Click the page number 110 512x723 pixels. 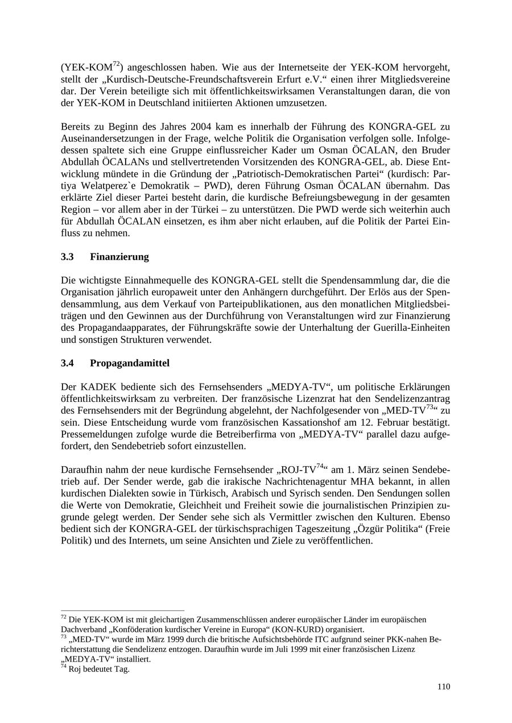click(x=444, y=687)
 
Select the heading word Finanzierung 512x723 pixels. click(x=119, y=257)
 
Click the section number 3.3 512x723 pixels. click(x=68, y=257)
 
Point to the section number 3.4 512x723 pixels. click(x=68, y=363)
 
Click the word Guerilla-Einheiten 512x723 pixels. click(x=414, y=327)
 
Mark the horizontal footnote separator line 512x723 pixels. click(x=122, y=611)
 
